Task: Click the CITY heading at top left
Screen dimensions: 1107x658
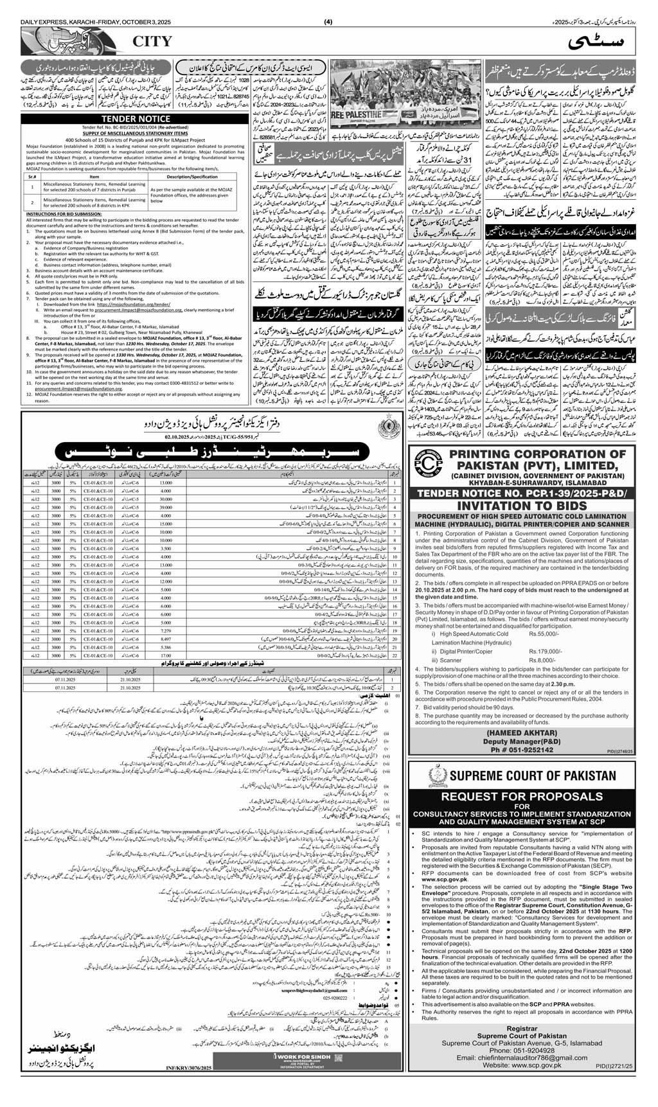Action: click(152, 42)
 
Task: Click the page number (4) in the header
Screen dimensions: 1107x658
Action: click(328, 6)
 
